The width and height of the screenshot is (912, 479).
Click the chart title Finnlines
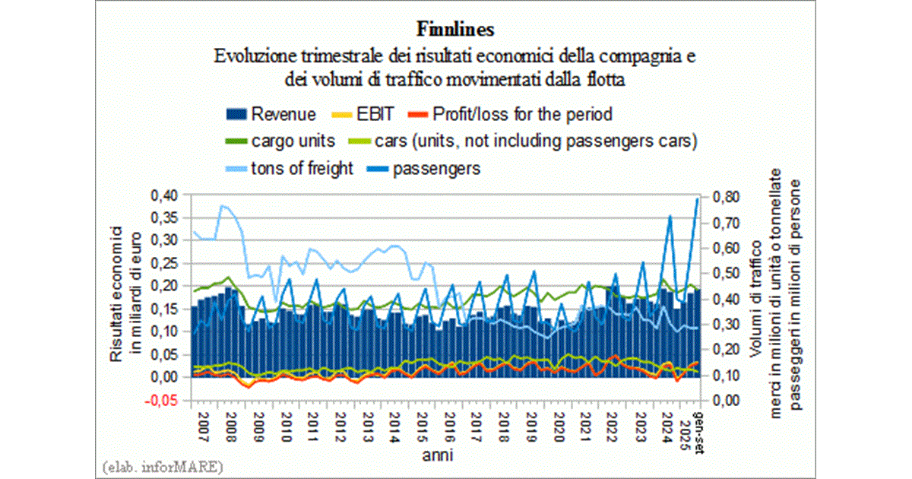[456, 29]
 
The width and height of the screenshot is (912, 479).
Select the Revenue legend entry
[271, 115]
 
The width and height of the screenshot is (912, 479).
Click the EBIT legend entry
[364, 115]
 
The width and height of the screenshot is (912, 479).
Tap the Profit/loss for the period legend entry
[510, 115]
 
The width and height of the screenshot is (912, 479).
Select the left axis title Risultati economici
[123, 295]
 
